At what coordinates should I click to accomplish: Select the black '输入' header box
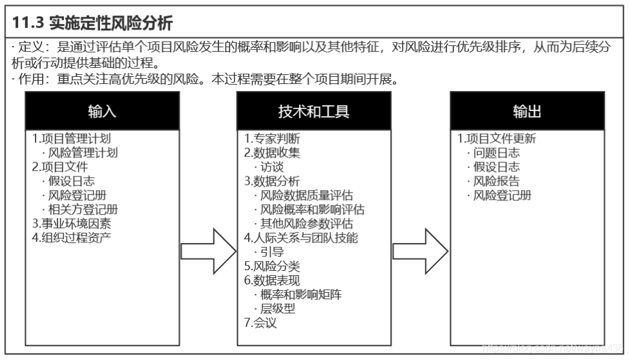(x=102, y=111)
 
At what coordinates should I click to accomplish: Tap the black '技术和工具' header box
(x=313, y=111)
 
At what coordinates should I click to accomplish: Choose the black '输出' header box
(x=527, y=111)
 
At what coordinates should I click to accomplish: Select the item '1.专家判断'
(x=272, y=139)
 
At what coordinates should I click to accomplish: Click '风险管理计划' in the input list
(x=83, y=153)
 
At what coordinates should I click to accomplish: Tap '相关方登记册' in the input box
(x=83, y=209)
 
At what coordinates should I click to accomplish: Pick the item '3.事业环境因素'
(x=72, y=224)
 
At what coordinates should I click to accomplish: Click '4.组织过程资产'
(x=72, y=237)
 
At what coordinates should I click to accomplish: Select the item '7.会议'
(x=260, y=322)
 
